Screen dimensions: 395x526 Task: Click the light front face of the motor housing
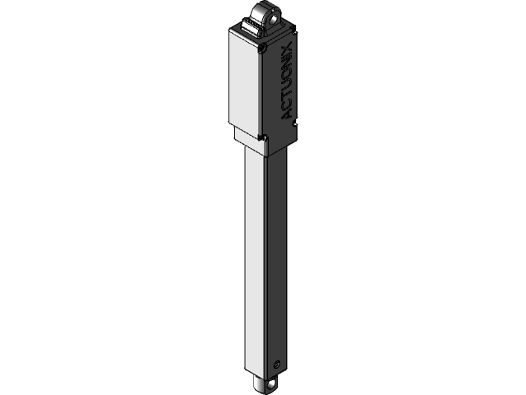pyautogui.click(x=244, y=82)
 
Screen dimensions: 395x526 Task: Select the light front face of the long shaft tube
pyautogui.click(x=256, y=263)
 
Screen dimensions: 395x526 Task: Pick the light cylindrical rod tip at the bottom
pyautogui.click(x=261, y=383)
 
